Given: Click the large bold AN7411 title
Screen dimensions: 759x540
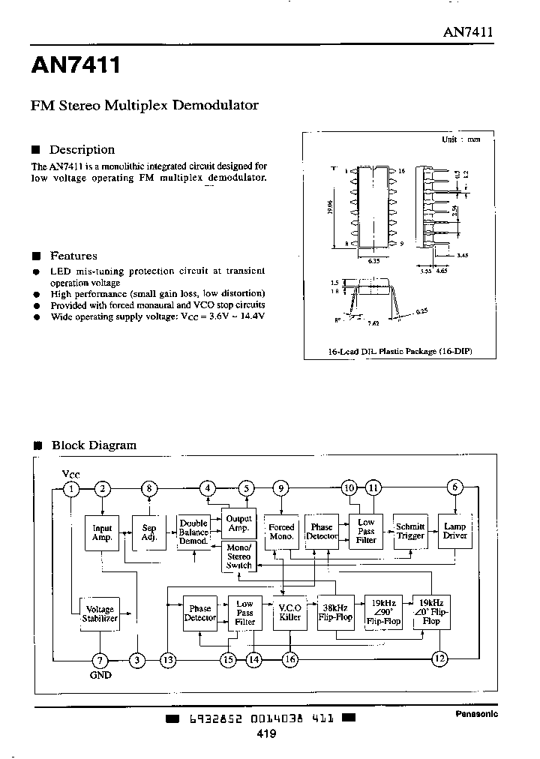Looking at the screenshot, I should pos(75,67).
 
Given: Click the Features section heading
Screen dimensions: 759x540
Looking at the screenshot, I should pos(73,256).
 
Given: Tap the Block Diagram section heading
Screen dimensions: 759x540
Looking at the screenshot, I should pos(94,445).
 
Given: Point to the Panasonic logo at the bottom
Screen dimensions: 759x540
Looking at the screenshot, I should pos(476,714).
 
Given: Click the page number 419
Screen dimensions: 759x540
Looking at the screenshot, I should pos(266,734).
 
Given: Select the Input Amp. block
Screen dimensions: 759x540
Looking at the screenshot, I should pos(101,532).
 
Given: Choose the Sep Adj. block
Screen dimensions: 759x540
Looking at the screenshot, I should pos(148,532).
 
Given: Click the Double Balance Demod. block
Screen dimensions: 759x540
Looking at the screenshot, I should pos(193,532).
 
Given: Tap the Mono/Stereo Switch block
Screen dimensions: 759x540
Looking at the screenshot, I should pos(238,556).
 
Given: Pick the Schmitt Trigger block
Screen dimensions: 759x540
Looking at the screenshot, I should pos(410,531).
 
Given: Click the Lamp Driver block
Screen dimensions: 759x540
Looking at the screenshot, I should pos(455,531).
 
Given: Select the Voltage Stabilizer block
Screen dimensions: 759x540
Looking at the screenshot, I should pos(100,613).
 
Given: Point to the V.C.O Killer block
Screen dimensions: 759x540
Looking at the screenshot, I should pos(289,613).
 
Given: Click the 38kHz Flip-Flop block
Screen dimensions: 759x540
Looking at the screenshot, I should pos(334,612).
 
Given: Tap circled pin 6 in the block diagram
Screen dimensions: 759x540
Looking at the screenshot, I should pos(454,488).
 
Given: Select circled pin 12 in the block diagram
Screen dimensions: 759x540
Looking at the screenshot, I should pos(439,658).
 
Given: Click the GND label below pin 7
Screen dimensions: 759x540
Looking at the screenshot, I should pos(100,675).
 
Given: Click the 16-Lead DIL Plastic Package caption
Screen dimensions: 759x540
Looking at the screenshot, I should pos(390,351).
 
